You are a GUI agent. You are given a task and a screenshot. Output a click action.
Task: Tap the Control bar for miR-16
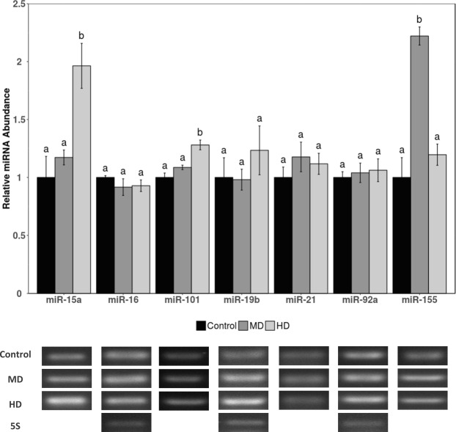point(106,235)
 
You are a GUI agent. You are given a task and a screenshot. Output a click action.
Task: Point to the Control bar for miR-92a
point(342,235)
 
